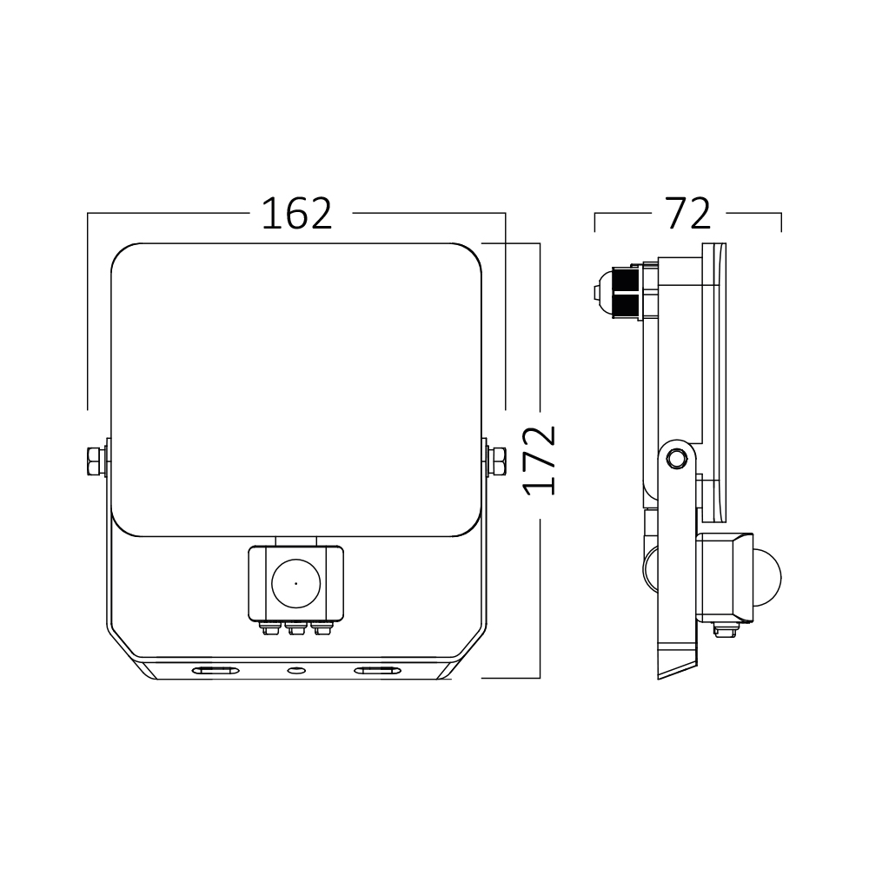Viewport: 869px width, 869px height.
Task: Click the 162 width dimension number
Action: [x=297, y=214]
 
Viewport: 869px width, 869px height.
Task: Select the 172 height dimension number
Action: [x=541, y=460]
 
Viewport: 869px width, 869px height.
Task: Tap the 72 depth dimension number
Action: [x=687, y=214]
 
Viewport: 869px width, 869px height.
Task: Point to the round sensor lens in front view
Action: [x=295, y=583]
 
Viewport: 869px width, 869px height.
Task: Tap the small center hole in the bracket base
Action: [x=295, y=670]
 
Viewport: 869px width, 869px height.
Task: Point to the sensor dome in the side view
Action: [x=770, y=574]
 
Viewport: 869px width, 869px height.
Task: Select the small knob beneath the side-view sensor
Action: [x=721, y=629]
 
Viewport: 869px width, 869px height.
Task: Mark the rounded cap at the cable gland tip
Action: [x=600, y=293]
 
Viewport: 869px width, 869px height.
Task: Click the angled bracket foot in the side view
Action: [x=677, y=660]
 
